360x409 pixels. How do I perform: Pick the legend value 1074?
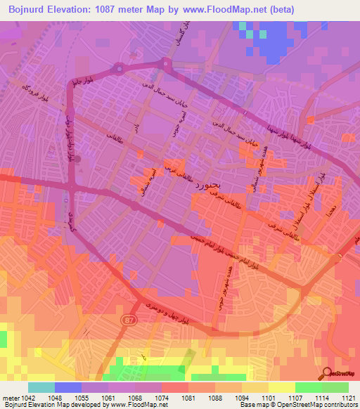162,397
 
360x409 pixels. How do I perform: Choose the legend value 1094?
242,397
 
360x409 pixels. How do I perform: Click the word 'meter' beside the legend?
10,397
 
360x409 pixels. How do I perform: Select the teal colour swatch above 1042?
41,387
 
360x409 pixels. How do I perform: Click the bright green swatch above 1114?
309,387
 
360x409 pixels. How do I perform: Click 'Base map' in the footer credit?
255,405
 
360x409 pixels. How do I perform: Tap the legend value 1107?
295,397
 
